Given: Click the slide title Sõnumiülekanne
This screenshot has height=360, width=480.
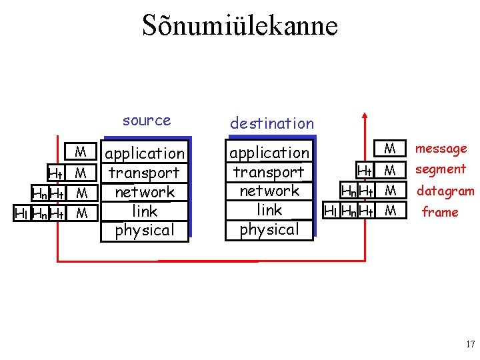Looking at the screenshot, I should coord(240,25).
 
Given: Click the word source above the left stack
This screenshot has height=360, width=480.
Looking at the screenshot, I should coord(147,121).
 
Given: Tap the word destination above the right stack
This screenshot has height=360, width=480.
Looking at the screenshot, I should coord(271,123).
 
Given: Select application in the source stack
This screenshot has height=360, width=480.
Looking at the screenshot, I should coord(145,153).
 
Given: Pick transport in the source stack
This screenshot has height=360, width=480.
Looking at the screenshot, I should coord(145,173).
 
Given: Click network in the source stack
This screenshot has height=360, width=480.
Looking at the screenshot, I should coord(145,192).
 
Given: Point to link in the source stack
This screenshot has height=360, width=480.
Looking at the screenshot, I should coord(145,211).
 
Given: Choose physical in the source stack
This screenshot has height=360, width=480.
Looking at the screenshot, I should coord(145,231).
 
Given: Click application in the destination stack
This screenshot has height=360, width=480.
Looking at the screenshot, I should coord(269,153).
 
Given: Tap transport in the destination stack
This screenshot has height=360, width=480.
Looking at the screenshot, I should coord(269,172).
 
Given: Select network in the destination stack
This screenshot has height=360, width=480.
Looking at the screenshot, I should coord(269,191).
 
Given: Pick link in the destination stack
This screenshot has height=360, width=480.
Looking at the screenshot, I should coord(269,210).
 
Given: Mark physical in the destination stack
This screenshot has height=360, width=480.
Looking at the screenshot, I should coord(269,229).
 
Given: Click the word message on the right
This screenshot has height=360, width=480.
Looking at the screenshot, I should coord(441,149).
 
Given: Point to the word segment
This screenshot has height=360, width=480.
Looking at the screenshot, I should coord(440,169).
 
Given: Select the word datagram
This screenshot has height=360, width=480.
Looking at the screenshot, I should coord(445,191).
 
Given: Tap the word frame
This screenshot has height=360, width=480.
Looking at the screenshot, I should coord(440,213).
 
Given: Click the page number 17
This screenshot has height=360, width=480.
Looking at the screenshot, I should coord(470,345).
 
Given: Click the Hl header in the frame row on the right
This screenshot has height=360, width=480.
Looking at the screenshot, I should coord(330,211).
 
